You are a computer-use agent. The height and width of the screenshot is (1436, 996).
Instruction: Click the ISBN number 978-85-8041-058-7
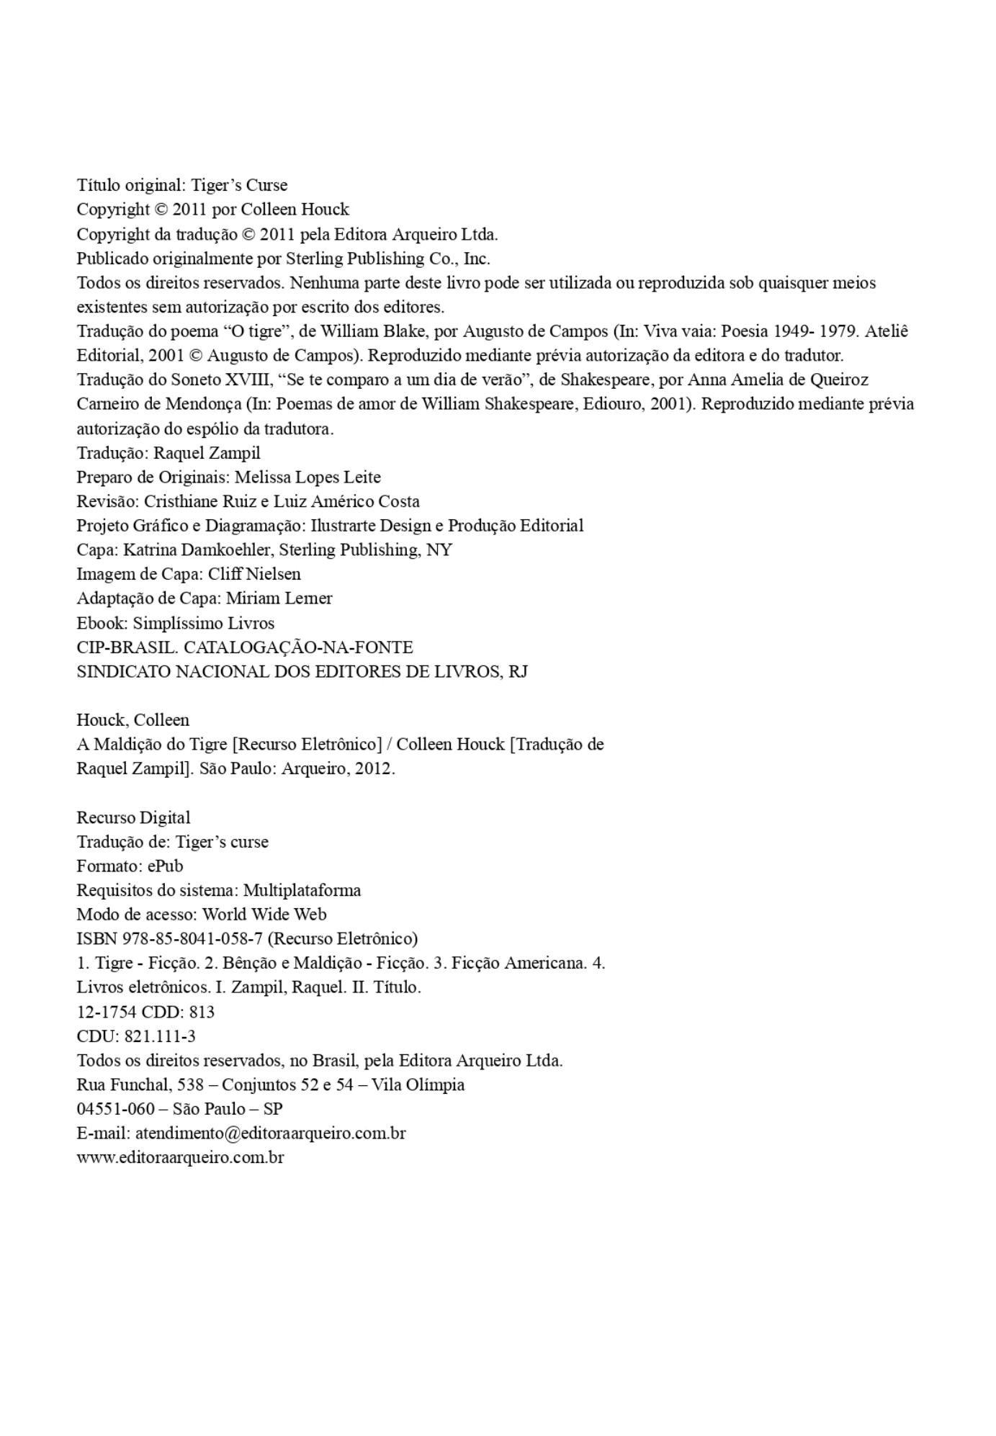click(x=192, y=938)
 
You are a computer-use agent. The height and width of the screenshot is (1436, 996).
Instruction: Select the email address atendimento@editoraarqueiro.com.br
click(x=270, y=1133)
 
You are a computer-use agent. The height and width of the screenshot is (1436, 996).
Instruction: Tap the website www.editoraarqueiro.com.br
click(x=180, y=1157)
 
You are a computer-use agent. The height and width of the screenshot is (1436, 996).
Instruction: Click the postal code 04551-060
click(x=115, y=1108)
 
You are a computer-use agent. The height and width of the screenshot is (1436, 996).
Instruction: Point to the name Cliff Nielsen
click(x=254, y=574)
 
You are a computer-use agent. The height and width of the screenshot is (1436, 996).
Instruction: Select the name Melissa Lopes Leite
click(x=308, y=477)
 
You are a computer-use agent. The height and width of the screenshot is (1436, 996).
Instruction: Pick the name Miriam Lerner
click(x=279, y=598)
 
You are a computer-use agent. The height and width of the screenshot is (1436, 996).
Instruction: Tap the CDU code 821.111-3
click(x=160, y=1036)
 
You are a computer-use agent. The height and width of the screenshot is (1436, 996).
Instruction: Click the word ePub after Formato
click(x=165, y=866)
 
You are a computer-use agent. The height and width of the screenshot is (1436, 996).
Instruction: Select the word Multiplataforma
click(x=302, y=890)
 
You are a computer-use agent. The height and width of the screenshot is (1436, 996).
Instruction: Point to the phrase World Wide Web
click(x=264, y=914)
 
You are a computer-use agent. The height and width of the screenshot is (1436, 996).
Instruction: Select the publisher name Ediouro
click(x=611, y=403)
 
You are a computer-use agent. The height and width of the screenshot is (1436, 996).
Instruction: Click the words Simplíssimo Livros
click(x=203, y=623)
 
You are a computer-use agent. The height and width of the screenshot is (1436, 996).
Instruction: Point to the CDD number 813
click(x=202, y=1012)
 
